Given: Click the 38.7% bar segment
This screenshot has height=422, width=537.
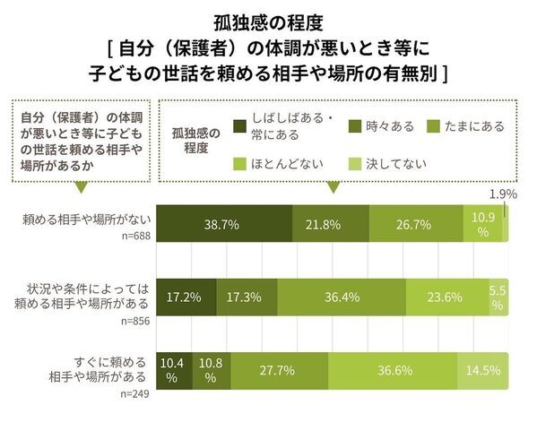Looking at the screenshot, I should tap(225, 224).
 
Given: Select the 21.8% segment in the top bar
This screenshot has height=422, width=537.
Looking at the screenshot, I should tap(331, 224).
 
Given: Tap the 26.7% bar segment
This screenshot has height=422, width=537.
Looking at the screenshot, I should tap(416, 224).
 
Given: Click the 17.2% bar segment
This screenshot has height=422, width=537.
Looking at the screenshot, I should tap(186, 296).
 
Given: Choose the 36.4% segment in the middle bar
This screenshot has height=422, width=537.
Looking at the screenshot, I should tap(342, 296).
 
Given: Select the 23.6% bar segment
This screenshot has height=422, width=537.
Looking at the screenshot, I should tap(446, 296).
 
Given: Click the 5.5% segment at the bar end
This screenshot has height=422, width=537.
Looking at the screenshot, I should tap(498, 296).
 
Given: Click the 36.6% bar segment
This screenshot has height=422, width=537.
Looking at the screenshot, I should tap(393, 370).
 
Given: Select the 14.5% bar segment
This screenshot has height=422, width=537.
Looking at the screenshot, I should tap(483, 370).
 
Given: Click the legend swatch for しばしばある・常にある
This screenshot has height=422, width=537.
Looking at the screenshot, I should tap(238, 126).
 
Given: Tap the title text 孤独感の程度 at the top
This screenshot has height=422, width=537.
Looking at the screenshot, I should tap(268, 19).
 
